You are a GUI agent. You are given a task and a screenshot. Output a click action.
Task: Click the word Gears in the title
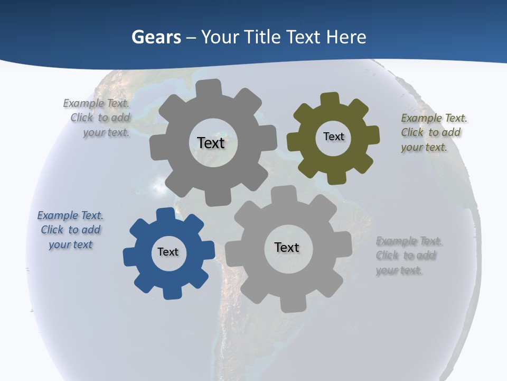156,37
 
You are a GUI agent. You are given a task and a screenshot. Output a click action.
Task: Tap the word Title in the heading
262,37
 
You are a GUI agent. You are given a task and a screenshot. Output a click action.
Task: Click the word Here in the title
346,37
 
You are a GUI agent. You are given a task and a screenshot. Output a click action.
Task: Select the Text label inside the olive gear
333,137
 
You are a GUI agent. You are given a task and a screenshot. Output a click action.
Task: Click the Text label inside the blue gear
168,252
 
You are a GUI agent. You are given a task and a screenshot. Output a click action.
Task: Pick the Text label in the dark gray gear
211,143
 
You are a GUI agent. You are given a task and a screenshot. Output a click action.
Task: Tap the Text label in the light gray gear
287,247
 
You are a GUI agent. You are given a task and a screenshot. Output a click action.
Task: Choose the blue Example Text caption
70,230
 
